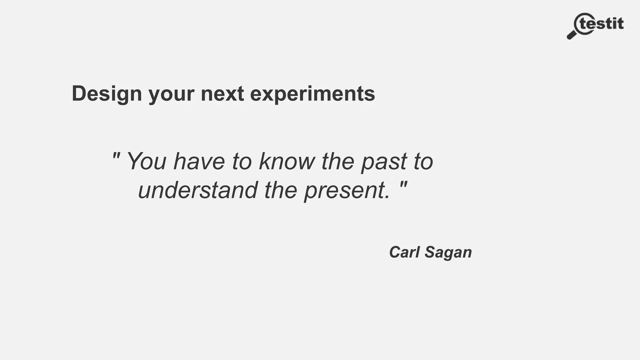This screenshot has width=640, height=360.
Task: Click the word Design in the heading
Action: coord(107,94)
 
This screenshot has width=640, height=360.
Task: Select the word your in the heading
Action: coord(171,94)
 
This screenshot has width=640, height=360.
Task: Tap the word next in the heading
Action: coord(222,94)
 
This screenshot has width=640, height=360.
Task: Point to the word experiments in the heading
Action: coord(312,94)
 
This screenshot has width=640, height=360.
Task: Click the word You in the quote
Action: coord(146,161)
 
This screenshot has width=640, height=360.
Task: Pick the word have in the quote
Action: coord(199,161)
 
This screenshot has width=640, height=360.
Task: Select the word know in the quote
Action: coord(287,161)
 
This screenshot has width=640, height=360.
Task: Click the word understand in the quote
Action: coord(198,190)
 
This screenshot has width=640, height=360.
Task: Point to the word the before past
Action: coord(338,161)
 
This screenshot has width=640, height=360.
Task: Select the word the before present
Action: coord(281,190)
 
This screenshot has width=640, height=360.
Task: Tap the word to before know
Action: coord(242,161)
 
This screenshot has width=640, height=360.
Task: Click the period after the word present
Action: coord(387,197)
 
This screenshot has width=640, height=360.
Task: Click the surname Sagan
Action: coord(448,252)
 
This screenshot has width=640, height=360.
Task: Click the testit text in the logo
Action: coord(602,24)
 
